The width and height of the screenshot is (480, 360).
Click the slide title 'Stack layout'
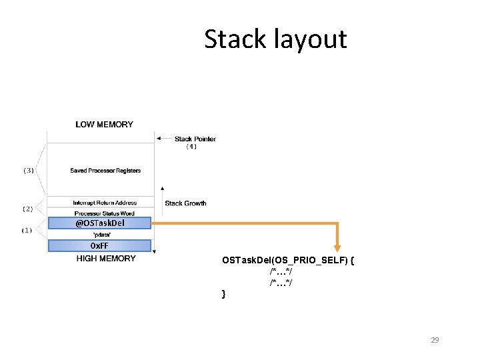pyautogui.click(x=275, y=39)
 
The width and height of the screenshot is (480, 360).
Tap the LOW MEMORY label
pyautogui.click(x=104, y=124)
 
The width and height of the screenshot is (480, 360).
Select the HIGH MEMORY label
pyautogui.click(x=106, y=259)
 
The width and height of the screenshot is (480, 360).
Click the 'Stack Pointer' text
pyautogui.click(x=195, y=139)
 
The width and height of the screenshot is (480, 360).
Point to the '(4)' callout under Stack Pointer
pyautogui.click(x=191, y=146)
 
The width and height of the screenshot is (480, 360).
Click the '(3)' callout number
pyautogui.click(x=29, y=171)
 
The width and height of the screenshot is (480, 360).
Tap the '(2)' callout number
pyautogui.click(x=27, y=209)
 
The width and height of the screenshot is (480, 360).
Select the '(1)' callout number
pyautogui.click(x=27, y=230)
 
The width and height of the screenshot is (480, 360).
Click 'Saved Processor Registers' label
pyautogui.click(x=105, y=171)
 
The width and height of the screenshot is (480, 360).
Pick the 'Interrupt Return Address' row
pyautogui.click(x=105, y=203)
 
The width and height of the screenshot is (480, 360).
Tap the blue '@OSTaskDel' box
pyautogui.click(x=100, y=223)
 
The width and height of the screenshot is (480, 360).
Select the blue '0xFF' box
pyautogui.click(x=99, y=246)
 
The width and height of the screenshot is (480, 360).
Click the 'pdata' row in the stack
pyautogui.click(x=100, y=235)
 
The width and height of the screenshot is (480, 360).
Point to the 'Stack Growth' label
pyautogui.click(x=185, y=203)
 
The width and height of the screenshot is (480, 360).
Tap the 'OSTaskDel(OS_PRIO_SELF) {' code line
pyautogui.click(x=288, y=260)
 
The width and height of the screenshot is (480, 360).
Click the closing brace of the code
pyautogui.click(x=224, y=294)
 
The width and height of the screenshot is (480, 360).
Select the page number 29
pyautogui.click(x=435, y=340)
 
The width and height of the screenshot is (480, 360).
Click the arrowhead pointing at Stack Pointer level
pyautogui.click(x=159, y=139)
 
